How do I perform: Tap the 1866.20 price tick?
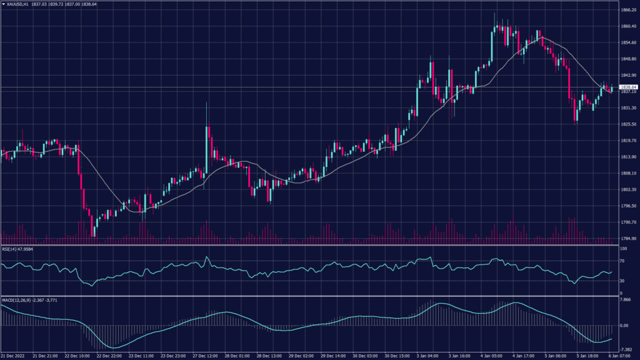tap(628, 10)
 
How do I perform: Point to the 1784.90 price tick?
tap(628, 238)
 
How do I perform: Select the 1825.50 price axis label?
tap(628, 124)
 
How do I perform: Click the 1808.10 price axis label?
tap(628, 173)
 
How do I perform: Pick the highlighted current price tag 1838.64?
tap(627, 87)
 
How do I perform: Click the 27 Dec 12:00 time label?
tap(204, 355)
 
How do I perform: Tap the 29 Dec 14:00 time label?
tap(332, 355)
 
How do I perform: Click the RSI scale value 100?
tap(622, 249)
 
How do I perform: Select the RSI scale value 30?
tap(622, 280)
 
